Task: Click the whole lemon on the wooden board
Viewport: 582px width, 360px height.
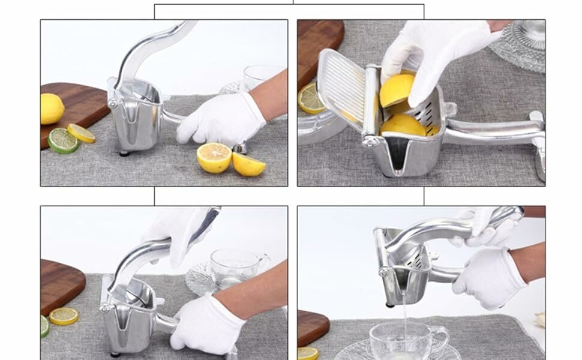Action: [52, 109]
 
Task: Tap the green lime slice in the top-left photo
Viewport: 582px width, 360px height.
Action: [63, 140]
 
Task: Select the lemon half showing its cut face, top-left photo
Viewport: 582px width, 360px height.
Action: [214, 158]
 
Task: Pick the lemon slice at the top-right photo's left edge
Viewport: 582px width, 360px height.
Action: [311, 98]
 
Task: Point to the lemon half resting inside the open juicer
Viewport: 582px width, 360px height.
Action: [403, 125]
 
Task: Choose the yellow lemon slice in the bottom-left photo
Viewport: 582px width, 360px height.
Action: [64, 316]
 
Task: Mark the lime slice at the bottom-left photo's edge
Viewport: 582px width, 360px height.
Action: [44, 326]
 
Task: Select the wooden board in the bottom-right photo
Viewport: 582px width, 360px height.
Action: [313, 328]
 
